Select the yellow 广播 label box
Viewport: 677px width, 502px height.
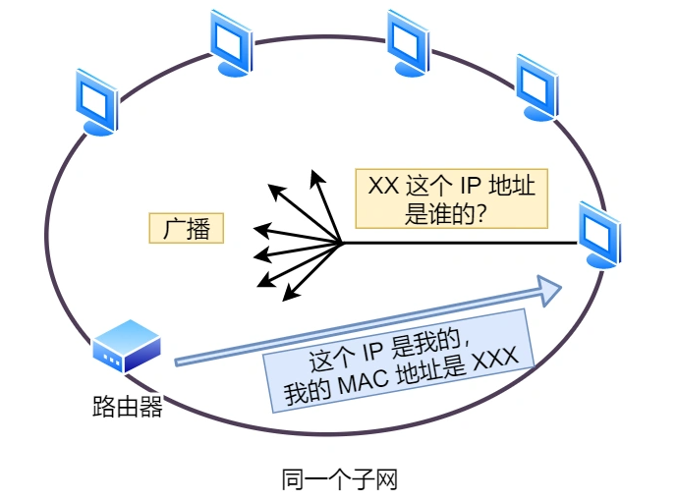pos(187,229)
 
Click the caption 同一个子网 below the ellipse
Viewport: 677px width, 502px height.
pos(339,479)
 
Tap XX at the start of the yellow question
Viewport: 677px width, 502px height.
pos(382,187)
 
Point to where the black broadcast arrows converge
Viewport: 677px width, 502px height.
pos(341,243)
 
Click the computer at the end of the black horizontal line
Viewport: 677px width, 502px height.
pos(598,234)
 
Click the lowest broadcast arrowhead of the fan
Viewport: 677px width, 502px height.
pos(290,292)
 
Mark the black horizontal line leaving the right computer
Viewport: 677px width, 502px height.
pos(462,243)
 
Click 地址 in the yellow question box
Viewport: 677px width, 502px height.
pos(514,187)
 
